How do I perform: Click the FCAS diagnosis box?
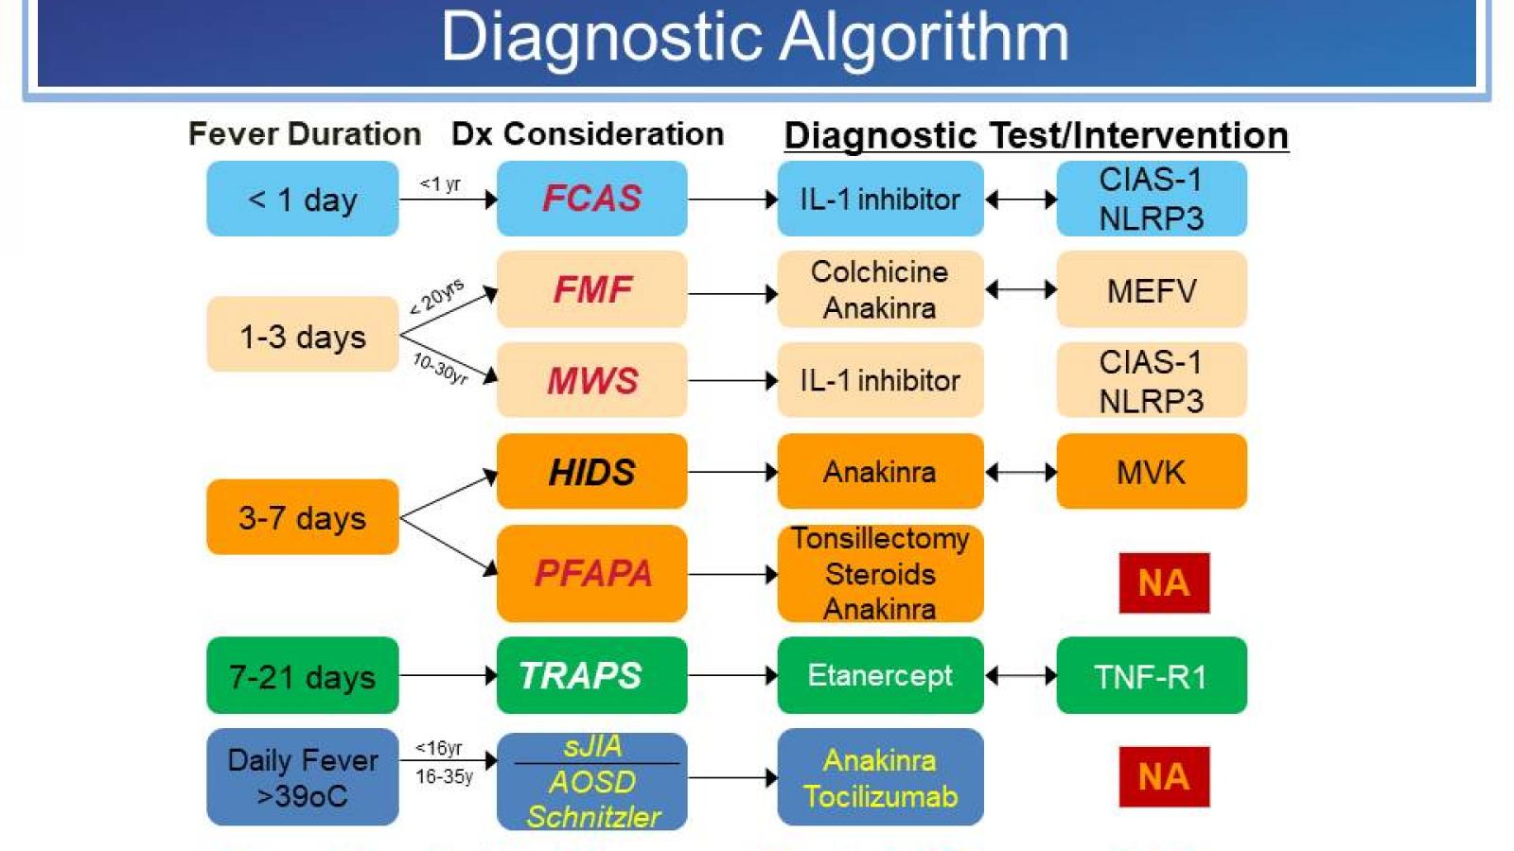click(591, 199)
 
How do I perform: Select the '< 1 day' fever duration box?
click(302, 200)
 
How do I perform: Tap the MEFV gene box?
click(1151, 290)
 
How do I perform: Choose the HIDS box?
click(591, 472)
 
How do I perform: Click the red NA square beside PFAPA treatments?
click(1163, 582)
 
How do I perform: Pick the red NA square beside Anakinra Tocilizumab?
click(1163, 776)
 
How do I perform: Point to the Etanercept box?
click(879, 675)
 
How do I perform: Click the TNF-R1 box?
click(1151, 676)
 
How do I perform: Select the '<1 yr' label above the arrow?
click(440, 183)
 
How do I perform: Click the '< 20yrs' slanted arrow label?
click(437, 296)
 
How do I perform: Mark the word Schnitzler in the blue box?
click(593, 816)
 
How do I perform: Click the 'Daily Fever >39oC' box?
click(302, 777)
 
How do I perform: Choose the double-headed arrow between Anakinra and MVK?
click(1020, 472)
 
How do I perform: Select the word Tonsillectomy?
click(880, 539)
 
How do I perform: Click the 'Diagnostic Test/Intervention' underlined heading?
click(1035, 135)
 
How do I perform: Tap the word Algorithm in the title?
click(924, 38)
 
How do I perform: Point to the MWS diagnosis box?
click(591, 380)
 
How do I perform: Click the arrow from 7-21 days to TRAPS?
click(447, 675)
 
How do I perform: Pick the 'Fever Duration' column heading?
click(304, 134)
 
